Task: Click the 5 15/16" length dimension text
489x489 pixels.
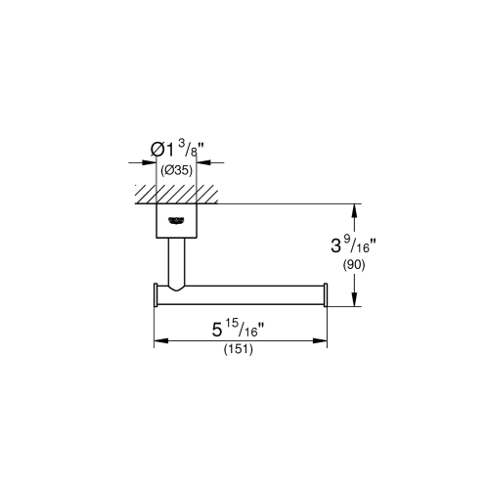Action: pyautogui.click(x=237, y=331)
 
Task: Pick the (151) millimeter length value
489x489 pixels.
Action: pyautogui.click(x=238, y=351)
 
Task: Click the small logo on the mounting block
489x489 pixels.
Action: pyautogui.click(x=177, y=220)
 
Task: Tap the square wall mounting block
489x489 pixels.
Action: pyautogui.click(x=177, y=220)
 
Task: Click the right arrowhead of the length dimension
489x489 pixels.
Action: pyautogui.click(x=322, y=341)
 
